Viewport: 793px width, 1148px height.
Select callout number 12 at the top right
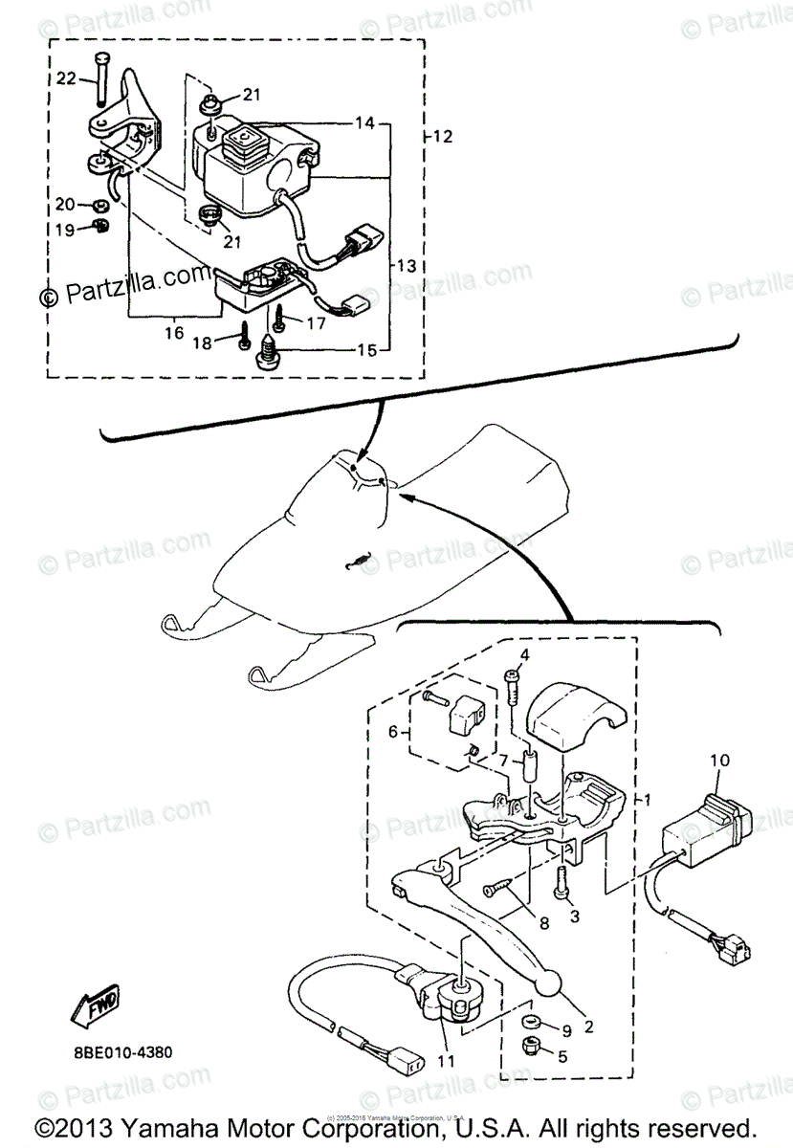tap(442, 136)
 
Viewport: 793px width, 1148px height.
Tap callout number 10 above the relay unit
tap(718, 761)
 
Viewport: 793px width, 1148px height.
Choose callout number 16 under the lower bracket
tap(173, 332)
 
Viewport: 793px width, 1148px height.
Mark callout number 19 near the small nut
tap(64, 230)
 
